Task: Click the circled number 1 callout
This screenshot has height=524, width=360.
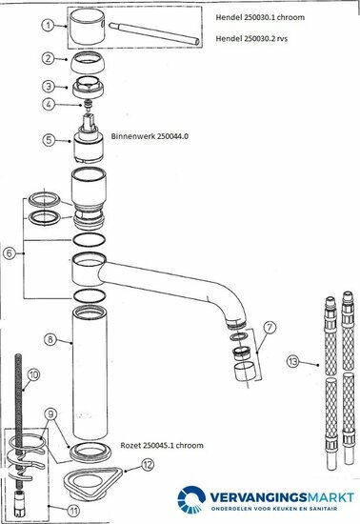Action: (x=48, y=25)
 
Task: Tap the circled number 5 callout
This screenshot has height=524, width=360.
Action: (x=49, y=139)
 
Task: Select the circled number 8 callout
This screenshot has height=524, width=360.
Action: (x=50, y=339)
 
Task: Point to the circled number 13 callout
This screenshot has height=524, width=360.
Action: (x=293, y=361)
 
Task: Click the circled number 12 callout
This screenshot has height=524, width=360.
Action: (x=148, y=464)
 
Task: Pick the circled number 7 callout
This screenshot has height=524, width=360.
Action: (x=270, y=327)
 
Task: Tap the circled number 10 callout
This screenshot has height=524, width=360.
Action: (x=33, y=374)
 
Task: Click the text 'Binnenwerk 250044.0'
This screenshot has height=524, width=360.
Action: (x=150, y=136)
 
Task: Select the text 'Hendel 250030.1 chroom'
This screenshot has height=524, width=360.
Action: (x=260, y=17)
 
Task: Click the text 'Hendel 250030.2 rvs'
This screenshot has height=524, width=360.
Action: (x=251, y=38)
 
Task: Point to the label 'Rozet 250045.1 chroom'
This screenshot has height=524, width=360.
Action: (x=162, y=446)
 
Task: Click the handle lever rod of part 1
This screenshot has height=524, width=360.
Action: (x=154, y=33)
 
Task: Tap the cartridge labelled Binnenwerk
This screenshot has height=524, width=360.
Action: (x=89, y=139)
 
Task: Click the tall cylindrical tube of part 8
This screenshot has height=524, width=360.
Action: (x=90, y=373)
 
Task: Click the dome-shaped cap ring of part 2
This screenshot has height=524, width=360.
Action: (x=88, y=62)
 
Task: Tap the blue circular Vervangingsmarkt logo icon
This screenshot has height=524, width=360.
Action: (x=191, y=499)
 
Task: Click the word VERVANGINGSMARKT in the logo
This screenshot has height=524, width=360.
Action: (x=282, y=497)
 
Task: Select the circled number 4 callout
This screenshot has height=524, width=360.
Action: (x=49, y=104)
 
